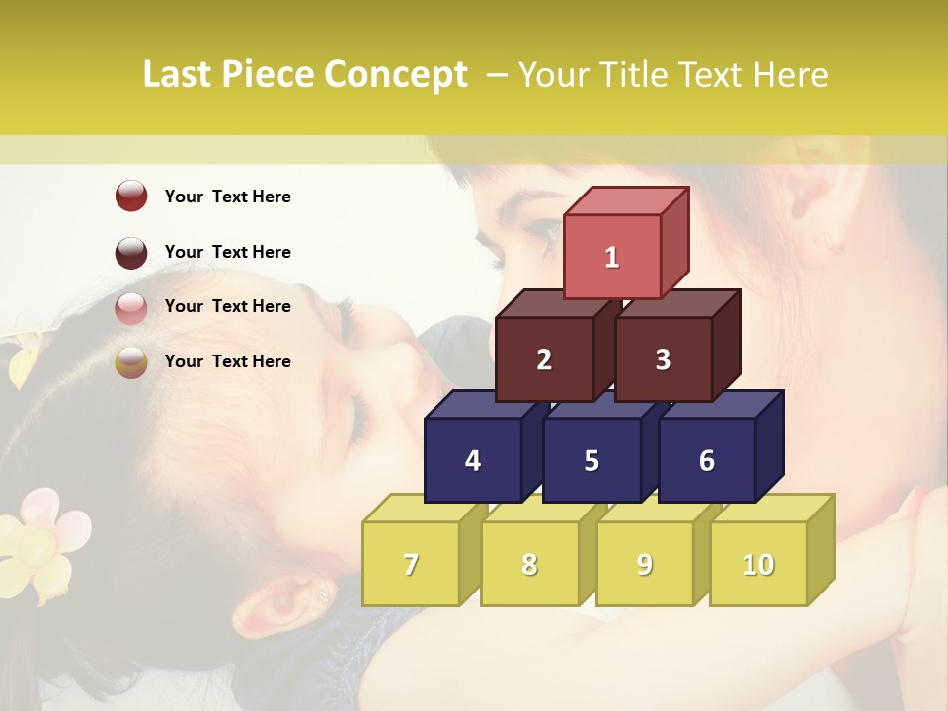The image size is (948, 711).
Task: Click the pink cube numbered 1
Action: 612,257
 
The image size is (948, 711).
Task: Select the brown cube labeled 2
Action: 544,359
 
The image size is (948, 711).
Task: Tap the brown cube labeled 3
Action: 663,359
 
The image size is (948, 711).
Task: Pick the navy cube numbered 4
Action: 473,460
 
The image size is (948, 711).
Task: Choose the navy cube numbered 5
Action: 592,460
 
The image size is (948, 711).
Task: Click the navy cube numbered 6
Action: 707,460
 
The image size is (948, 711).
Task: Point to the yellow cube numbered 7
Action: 411,564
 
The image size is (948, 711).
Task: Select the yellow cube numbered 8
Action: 529,564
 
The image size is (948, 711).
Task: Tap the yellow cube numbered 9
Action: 645,564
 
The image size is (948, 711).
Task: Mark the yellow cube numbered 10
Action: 758,564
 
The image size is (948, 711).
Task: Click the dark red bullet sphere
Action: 131,196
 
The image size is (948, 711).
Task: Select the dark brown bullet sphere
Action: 131,252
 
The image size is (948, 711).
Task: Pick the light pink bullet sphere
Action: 131,307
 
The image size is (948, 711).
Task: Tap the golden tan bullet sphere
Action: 131,362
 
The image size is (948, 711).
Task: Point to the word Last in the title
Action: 178,75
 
